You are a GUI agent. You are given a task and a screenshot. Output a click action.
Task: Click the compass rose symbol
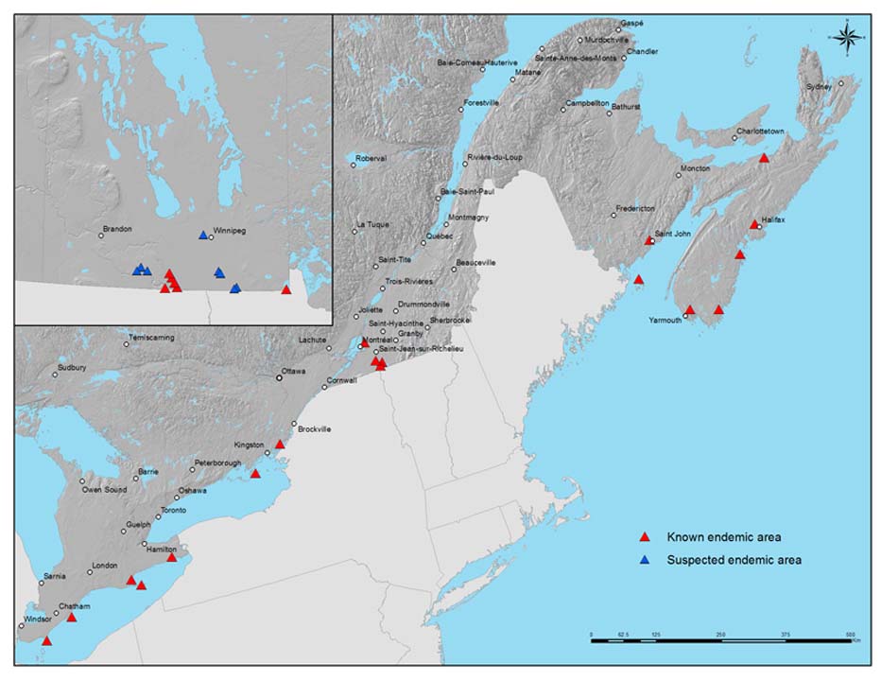847,37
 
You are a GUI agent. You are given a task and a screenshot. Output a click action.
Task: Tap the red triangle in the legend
645,537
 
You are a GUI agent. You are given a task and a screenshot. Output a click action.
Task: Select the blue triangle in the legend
645,560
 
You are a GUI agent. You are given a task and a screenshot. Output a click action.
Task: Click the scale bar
722,640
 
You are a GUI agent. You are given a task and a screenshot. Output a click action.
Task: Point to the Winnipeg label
230,229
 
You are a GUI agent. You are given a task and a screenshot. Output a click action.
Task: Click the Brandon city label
117,229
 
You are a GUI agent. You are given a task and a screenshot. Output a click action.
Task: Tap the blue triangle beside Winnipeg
202,236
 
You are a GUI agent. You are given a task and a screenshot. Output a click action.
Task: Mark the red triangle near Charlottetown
764,158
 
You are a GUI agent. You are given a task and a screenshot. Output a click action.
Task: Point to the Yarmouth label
665,320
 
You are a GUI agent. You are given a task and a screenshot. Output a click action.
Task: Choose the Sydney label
820,86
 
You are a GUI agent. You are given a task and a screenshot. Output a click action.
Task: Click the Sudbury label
72,367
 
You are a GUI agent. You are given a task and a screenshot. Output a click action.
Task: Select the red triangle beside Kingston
279,444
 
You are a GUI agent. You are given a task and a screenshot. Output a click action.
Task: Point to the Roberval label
371,158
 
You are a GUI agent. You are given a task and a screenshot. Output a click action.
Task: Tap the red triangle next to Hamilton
171,557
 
